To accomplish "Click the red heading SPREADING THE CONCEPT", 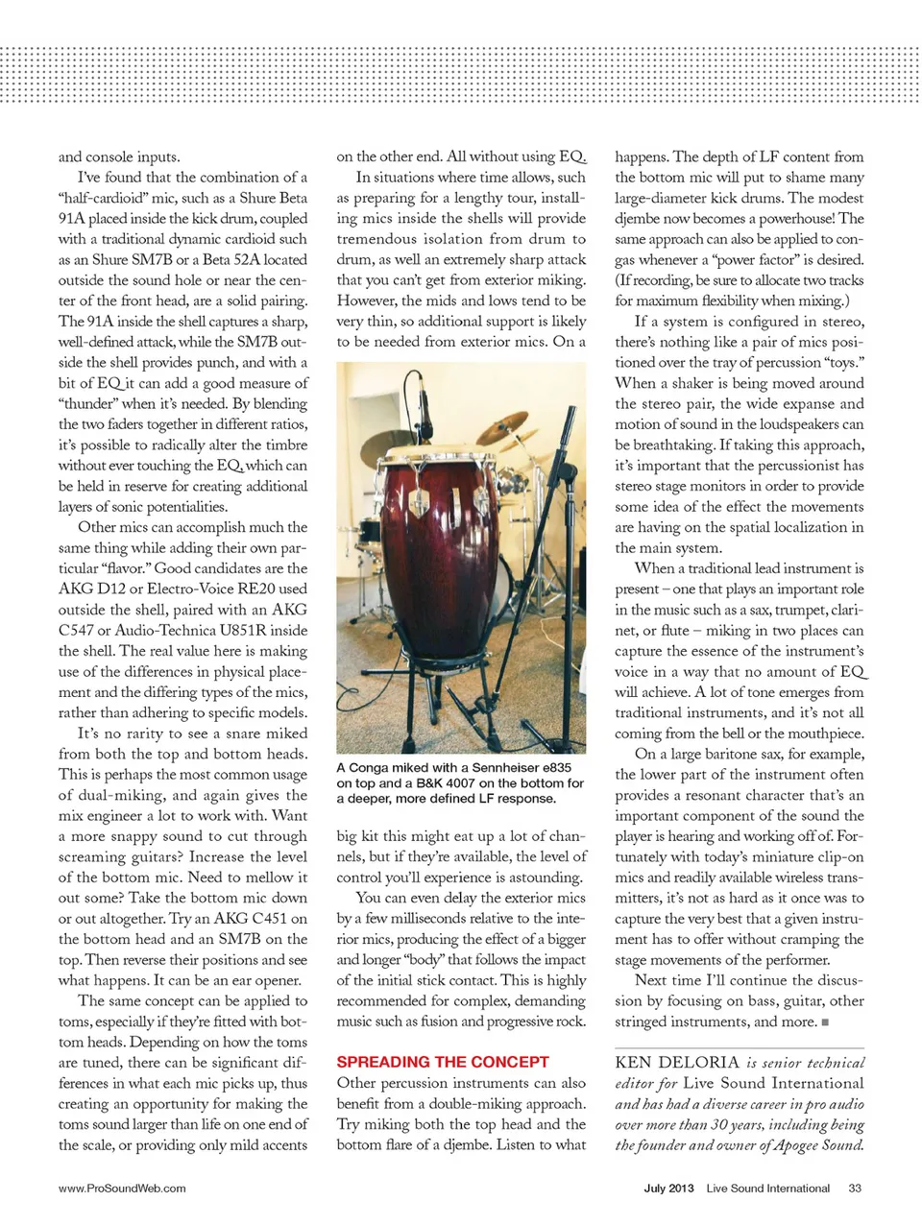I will pyautogui.click(x=442, y=1062).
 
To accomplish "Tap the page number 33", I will pyautogui.click(x=855, y=1188).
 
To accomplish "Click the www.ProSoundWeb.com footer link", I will pyautogui.click(x=122, y=1188).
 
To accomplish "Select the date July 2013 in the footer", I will pyautogui.click(x=668, y=1188).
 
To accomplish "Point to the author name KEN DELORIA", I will pyautogui.click(x=677, y=1063).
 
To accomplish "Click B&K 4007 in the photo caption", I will pyautogui.click(x=445, y=783).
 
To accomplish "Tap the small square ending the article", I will pyautogui.click(x=825, y=1022).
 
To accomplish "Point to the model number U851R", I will pyautogui.click(x=270, y=630).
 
